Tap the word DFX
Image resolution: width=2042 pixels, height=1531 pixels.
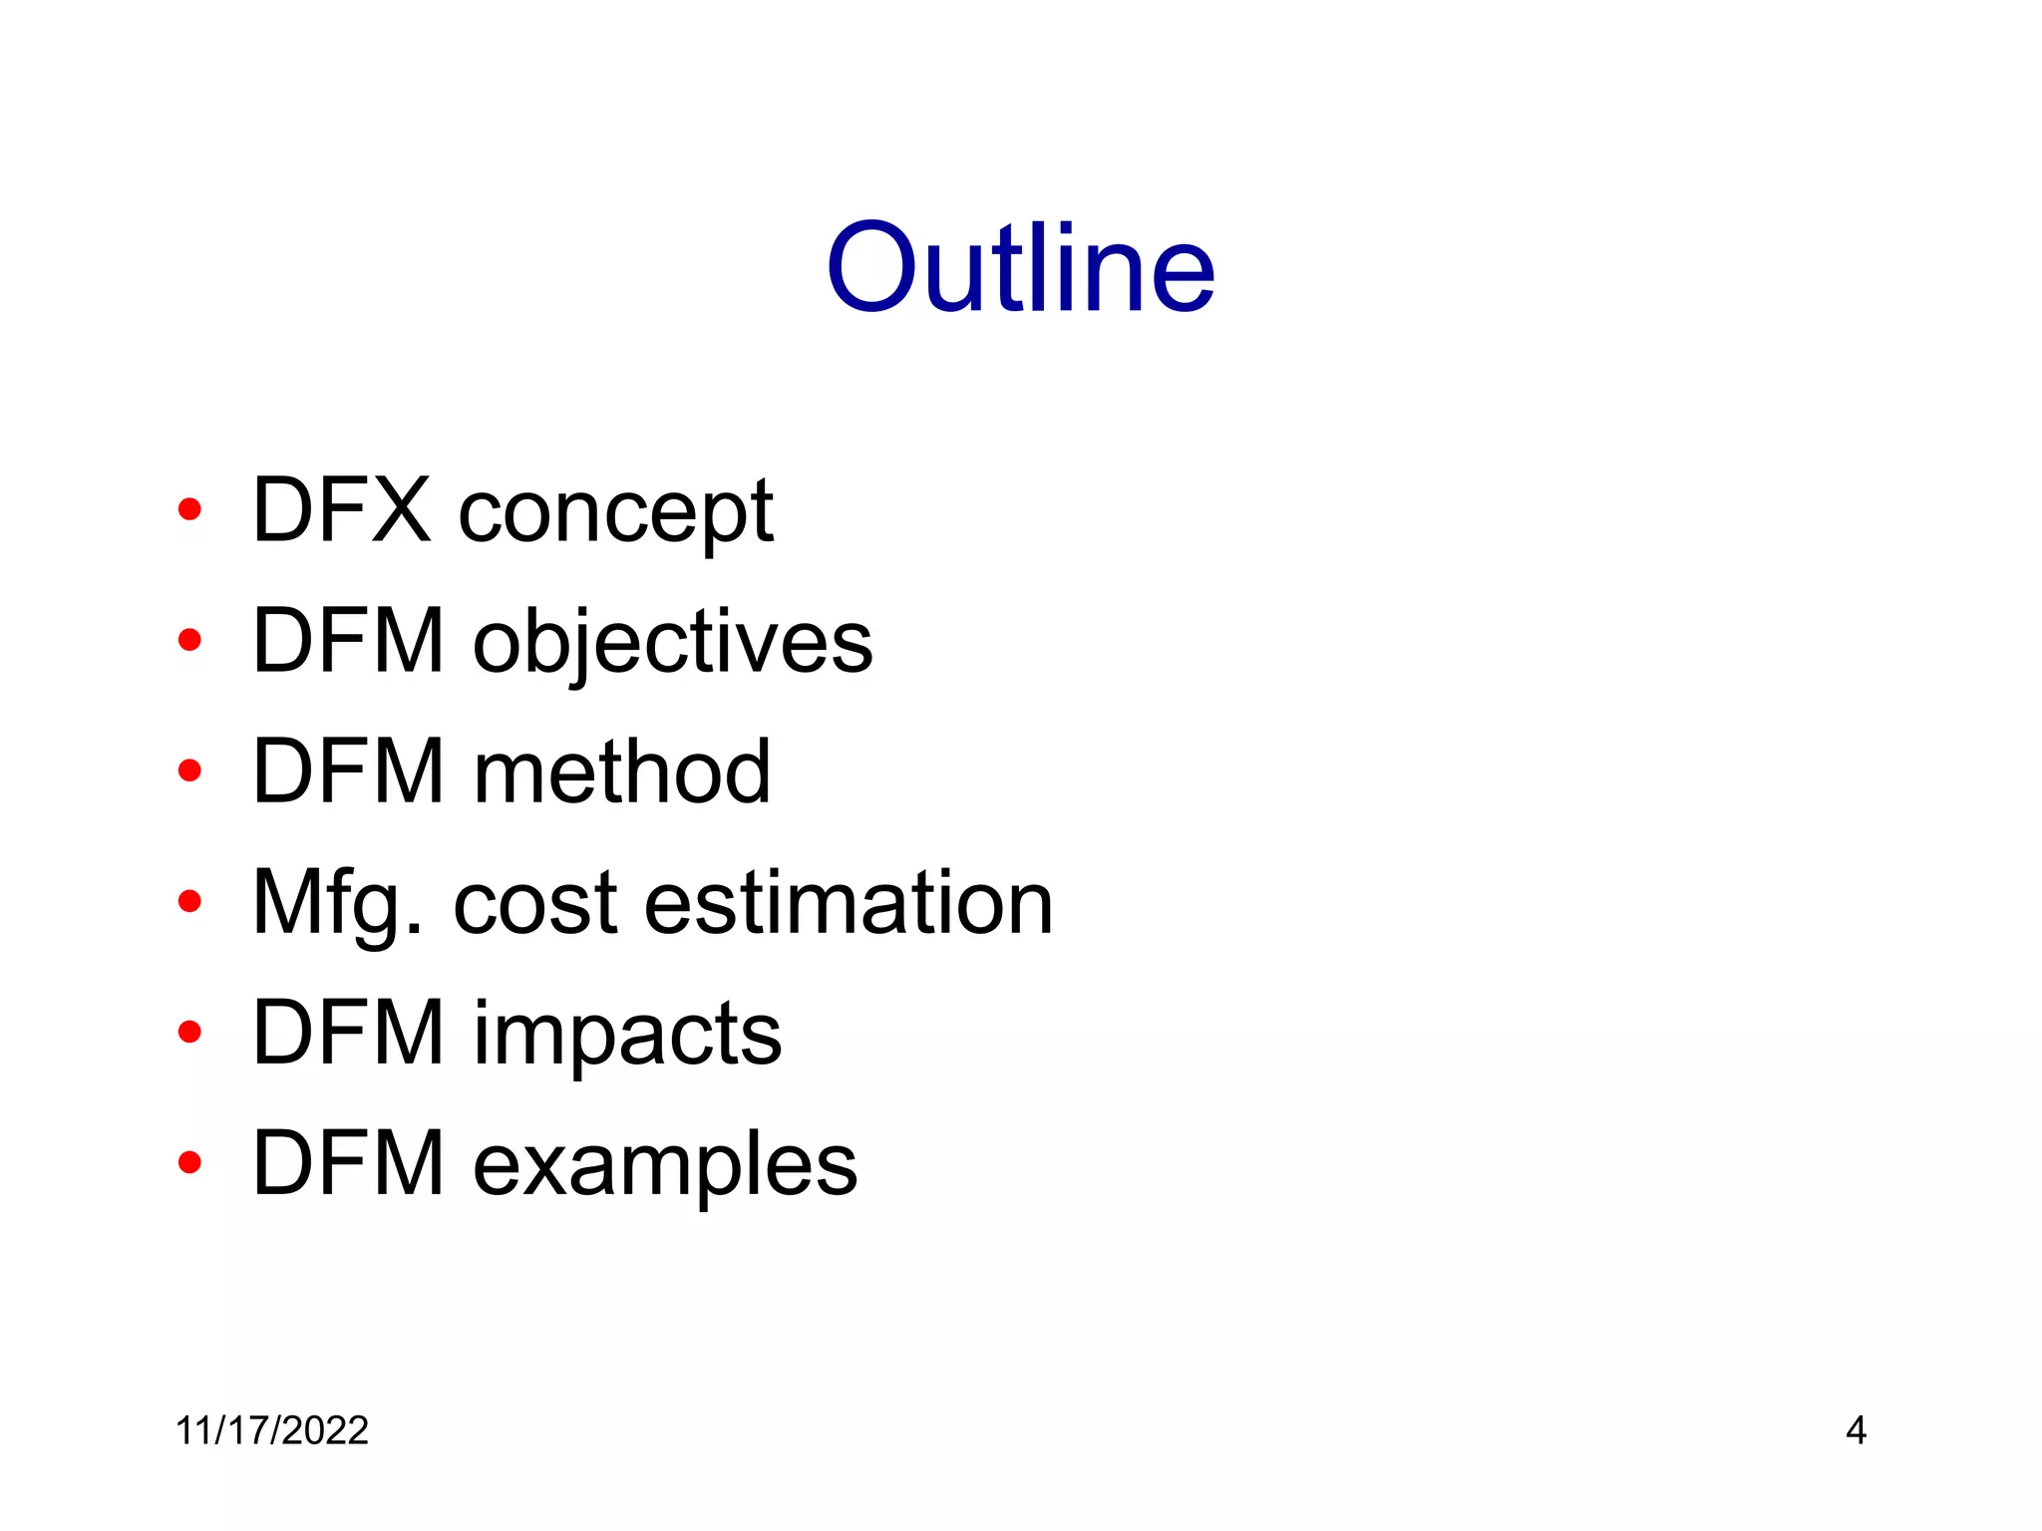coord(342,510)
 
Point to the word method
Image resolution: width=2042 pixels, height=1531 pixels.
coord(622,771)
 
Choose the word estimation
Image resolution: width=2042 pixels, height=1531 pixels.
coord(849,903)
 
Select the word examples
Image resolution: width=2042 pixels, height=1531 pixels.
coord(665,1164)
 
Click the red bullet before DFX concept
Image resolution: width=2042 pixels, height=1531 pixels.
coord(188,510)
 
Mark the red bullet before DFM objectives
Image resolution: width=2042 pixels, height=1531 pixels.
coord(188,640)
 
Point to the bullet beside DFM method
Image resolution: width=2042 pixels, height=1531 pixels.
coord(188,770)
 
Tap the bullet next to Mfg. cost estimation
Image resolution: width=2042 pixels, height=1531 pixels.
coord(188,902)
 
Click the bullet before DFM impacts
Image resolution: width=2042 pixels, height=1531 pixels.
coord(188,1033)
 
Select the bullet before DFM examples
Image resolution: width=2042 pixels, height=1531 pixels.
coord(188,1162)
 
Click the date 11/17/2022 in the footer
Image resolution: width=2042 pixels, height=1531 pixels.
coord(272,1430)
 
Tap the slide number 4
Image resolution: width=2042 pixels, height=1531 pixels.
coord(1856,1430)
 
